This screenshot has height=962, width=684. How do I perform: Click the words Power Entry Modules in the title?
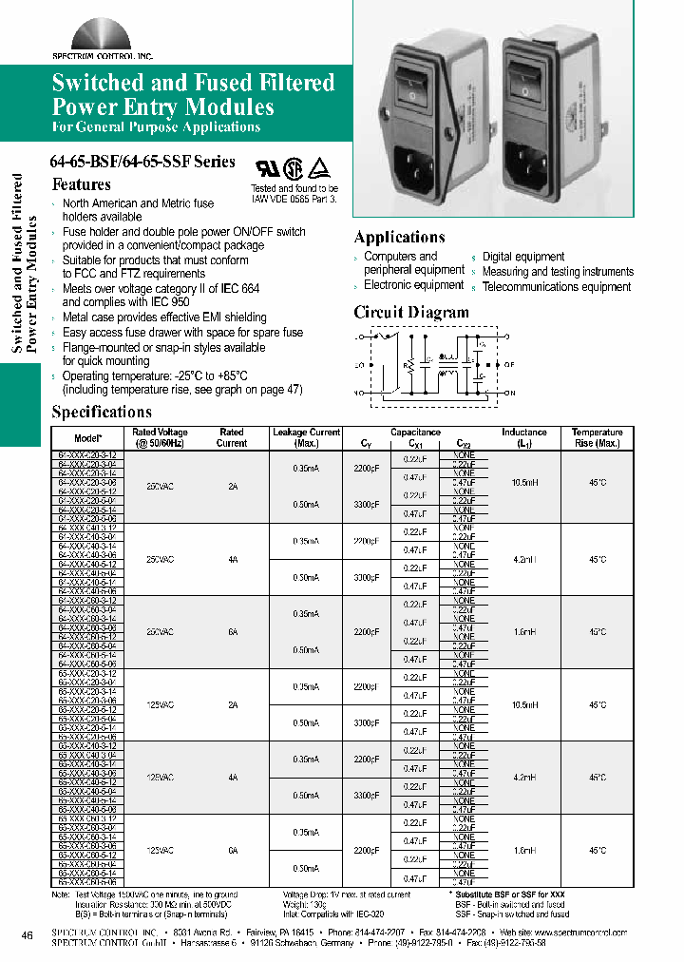(x=162, y=106)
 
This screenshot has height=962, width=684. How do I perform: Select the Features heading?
(x=81, y=184)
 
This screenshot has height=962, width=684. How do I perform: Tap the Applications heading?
(x=399, y=237)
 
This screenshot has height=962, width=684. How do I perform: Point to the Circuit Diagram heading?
(x=410, y=312)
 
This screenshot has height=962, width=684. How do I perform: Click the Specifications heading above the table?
(x=101, y=412)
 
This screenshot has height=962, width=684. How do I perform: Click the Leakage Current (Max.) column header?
(x=306, y=437)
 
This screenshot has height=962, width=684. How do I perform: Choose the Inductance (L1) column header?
(x=524, y=437)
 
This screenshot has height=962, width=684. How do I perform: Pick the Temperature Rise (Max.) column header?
(x=597, y=437)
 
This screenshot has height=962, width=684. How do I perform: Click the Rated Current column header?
(x=232, y=437)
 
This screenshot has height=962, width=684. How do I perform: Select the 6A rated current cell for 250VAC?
(x=232, y=632)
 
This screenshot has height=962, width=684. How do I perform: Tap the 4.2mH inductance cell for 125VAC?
(x=524, y=778)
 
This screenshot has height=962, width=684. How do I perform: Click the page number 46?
(x=27, y=936)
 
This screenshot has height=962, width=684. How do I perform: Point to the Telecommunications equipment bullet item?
(x=556, y=287)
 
